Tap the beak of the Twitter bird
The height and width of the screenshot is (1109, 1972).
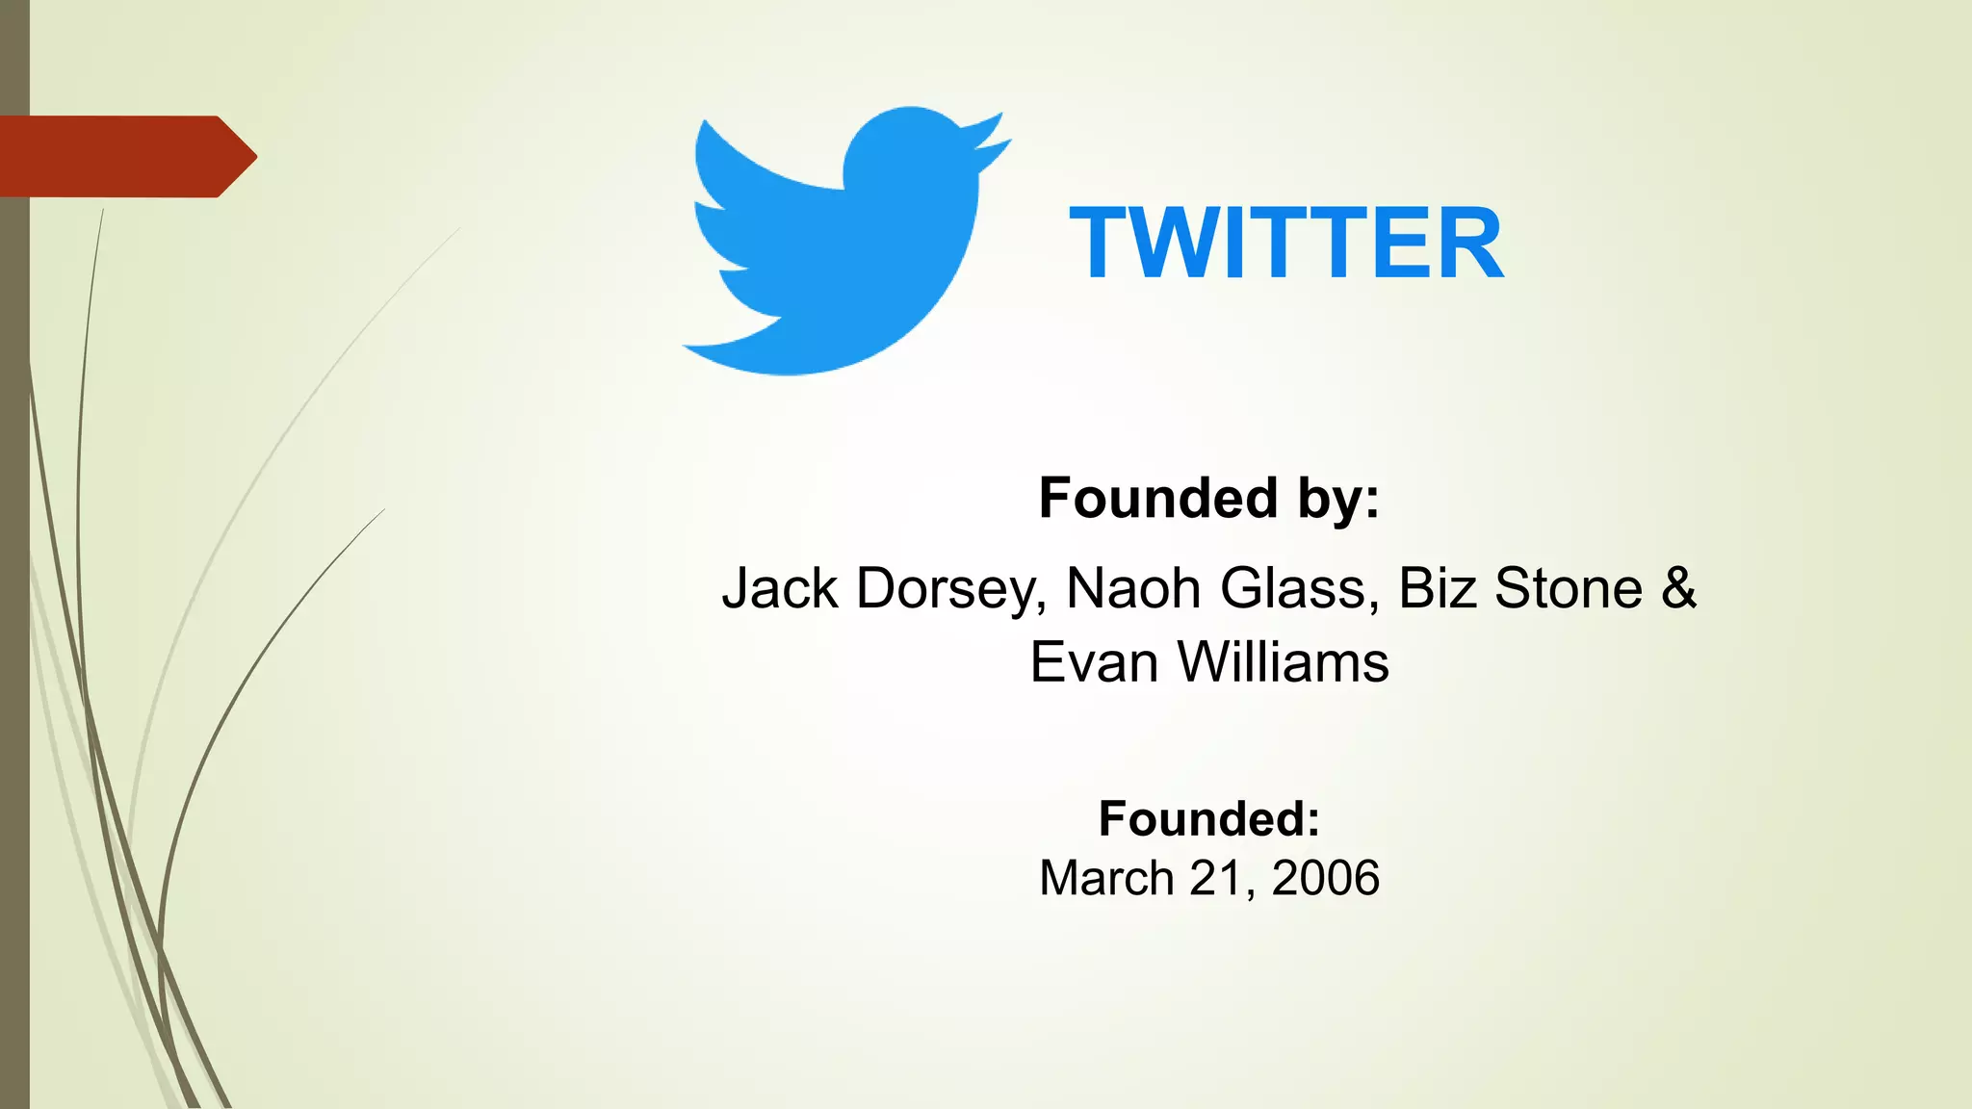[x=992, y=140]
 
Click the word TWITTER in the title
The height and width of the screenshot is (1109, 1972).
[x=1286, y=245]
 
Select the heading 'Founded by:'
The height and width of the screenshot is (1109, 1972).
[x=1209, y=499]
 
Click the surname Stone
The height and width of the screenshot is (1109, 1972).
[x=1569, y=588]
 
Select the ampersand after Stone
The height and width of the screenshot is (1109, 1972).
[x=1678, y=588]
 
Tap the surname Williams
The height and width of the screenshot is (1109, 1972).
[x=1284, y=663]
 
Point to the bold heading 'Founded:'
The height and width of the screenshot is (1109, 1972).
[x=1209, y=819]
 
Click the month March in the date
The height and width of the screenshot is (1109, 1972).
[x=1106, y=879]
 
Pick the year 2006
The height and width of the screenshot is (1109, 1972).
[x=1326, y=879]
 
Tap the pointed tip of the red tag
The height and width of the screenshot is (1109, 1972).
[x=252, y=157]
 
